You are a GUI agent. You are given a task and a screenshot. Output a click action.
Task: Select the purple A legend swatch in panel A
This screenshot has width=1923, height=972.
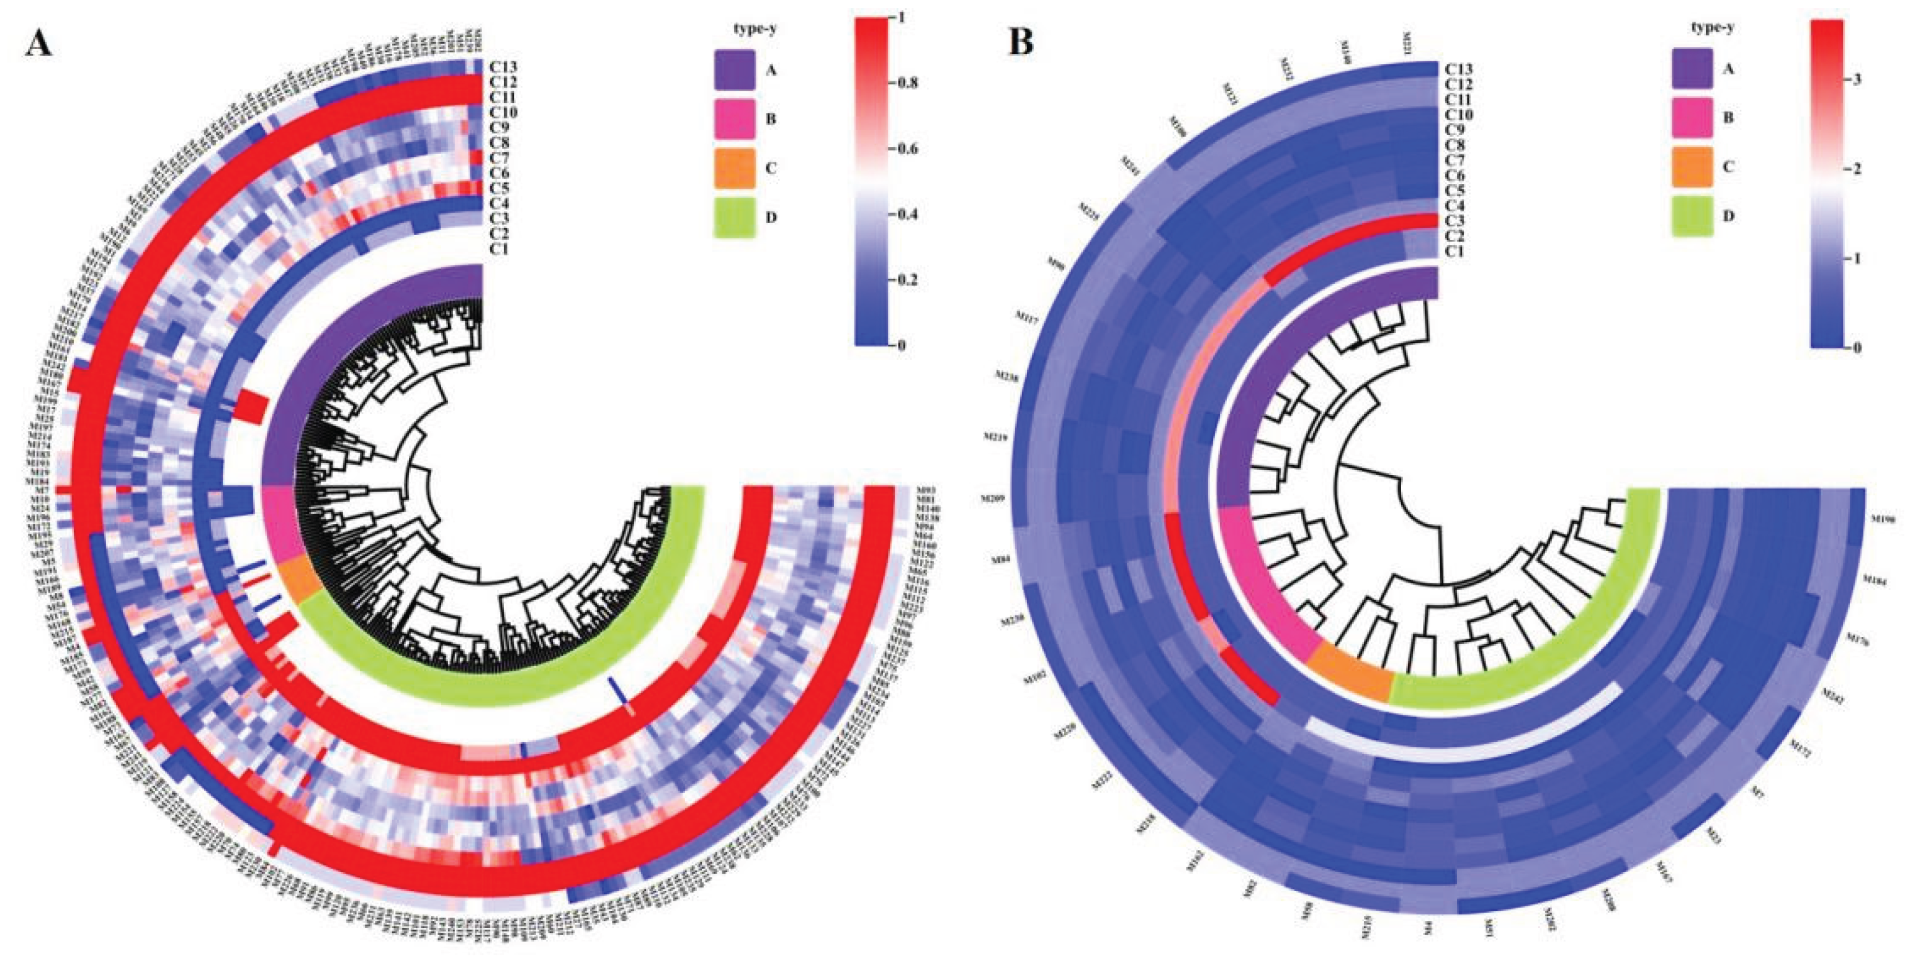pos(735,70)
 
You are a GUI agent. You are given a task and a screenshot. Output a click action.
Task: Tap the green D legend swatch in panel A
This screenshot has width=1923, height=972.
pos(735,217)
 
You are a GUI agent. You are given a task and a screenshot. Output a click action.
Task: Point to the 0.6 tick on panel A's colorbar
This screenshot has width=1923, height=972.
pos(908,148)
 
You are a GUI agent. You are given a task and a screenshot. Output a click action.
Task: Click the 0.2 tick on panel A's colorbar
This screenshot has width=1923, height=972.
pos(908,280)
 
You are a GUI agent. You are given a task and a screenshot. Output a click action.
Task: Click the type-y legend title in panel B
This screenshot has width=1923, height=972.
pos(1712,29)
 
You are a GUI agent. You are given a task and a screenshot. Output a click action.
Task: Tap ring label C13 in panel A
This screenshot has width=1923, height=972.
pos(504,67)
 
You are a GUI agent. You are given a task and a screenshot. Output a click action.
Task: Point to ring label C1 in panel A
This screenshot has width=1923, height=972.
pos(499,249)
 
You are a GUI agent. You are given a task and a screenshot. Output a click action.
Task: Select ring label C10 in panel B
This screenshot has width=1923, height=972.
pos(1459,115)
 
